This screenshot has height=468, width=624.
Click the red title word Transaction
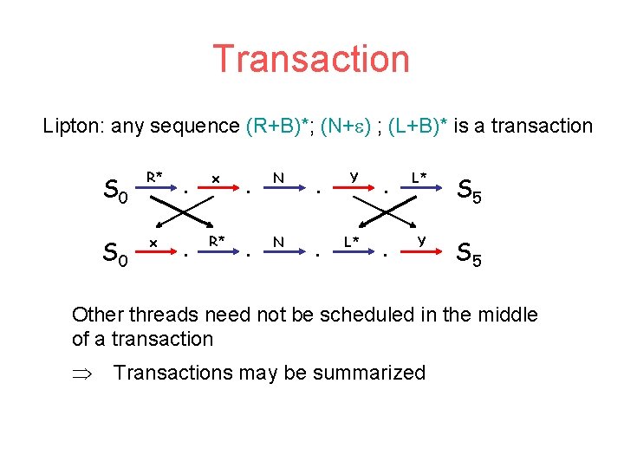(x=311, y=59)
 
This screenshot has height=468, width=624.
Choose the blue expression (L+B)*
(x=419, y=127)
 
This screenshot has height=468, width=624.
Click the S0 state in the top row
(x=116, y=189)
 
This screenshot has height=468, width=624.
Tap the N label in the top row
(x=278, y=177)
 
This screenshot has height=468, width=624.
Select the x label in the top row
(x=215, y=178)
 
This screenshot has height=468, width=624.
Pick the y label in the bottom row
(x=420, y=240)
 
